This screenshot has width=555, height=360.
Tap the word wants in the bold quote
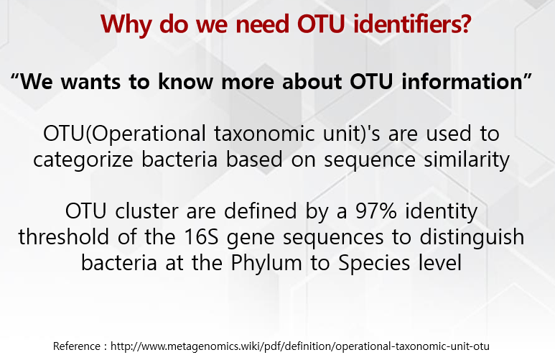click(93, 80)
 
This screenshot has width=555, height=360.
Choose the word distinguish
click(459, 238)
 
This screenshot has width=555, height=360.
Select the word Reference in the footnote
click(78, 346)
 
